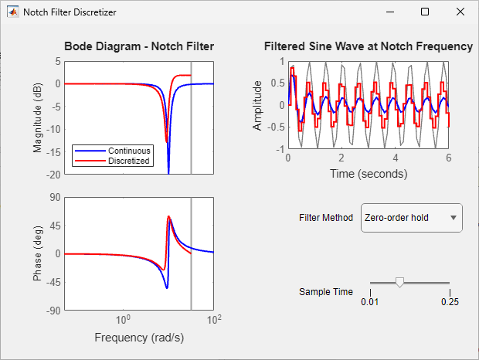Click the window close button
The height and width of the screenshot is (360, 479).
point(460,12)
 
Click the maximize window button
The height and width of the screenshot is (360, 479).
point(425,12)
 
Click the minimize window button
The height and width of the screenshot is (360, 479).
point(389,12)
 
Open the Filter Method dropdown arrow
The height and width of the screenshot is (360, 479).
point(454,218)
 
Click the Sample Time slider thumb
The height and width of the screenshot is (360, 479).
point(399,283)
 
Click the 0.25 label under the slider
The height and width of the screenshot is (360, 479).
point(450,301)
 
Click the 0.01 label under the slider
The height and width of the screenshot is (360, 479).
point(371,301)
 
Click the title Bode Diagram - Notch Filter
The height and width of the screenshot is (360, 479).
point(139,46)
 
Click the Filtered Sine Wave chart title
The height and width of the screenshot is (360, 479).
point(368,46)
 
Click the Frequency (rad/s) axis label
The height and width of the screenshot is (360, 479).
point(139,338)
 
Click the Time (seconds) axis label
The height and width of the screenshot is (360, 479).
point(368,174)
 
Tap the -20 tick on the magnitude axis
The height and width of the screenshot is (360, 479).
point(51,175)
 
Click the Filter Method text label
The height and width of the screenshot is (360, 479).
point(326,218)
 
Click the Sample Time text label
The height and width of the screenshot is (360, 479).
point(326,292)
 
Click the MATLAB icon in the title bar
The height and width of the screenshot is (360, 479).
point(13,12)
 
